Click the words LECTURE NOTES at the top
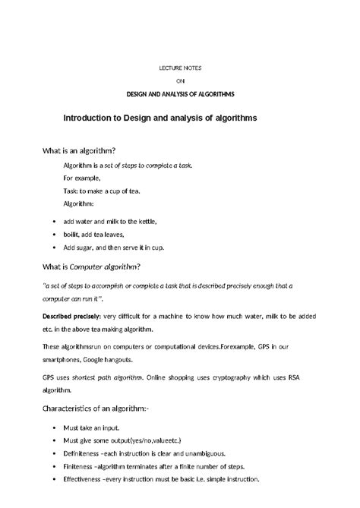pos(180,68)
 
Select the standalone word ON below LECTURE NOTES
pos(180,80)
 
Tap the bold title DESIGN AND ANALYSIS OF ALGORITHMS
pos(180,93)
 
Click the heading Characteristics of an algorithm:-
pos(96,409)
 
